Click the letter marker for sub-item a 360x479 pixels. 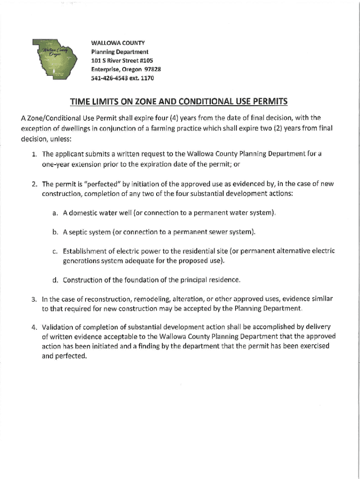coord(55,213)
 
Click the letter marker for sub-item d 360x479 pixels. coord(55,280)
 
